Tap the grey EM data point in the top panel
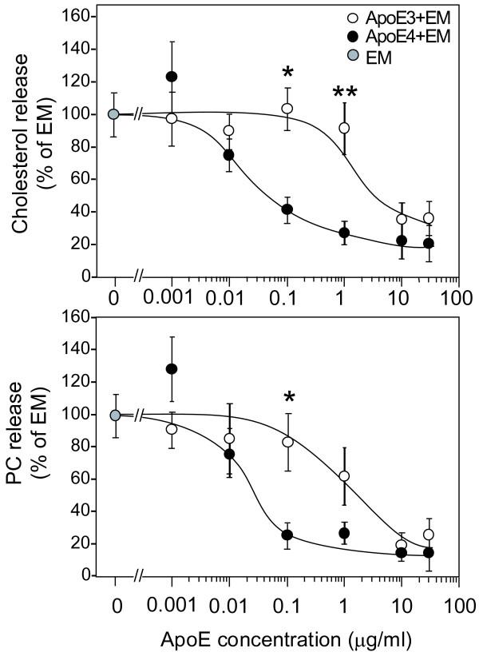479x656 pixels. pos(114,114)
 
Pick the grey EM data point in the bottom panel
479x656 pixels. pos(115,415)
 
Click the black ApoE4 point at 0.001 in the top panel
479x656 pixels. pos(171,77)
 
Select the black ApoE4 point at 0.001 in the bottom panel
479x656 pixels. pos(171,368)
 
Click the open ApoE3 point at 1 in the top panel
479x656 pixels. pos(345,128)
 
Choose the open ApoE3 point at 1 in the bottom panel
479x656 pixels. pos(344,476)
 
